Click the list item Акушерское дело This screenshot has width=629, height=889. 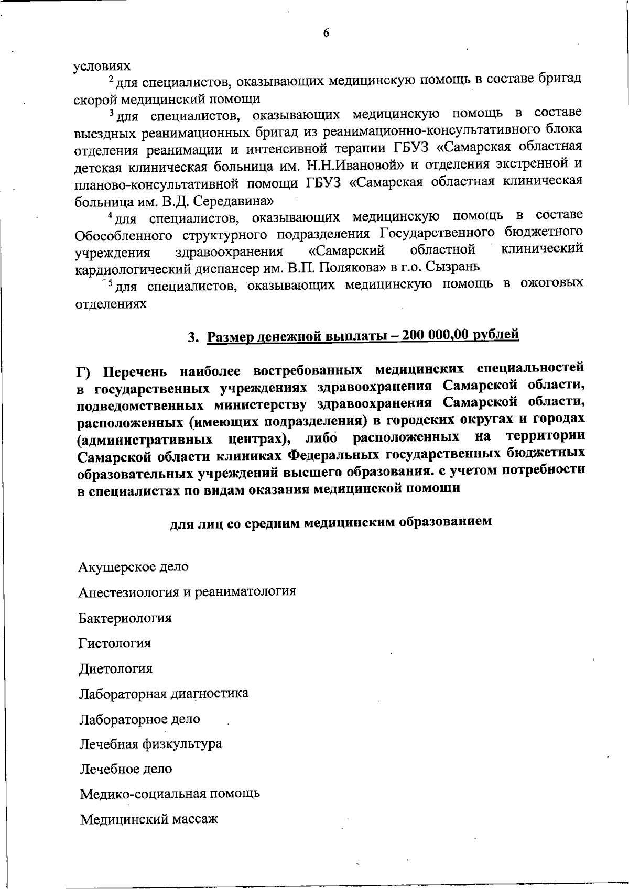click(x=133, y=566)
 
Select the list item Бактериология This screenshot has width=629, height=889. click(x=125, y=618)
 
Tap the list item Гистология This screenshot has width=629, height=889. click(x=115, y=643)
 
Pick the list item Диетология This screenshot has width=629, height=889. click(x=116, y=668)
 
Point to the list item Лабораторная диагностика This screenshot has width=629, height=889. click(x=164, y=694)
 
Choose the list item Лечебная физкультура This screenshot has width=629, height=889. click(x=151, y=743)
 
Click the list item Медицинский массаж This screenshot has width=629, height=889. click(x=149, y=819)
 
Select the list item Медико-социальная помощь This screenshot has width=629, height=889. click(x=170, y=794)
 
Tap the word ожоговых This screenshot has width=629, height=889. click(x=551, y=283)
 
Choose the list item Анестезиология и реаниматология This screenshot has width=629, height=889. click(x=187, y=591)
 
